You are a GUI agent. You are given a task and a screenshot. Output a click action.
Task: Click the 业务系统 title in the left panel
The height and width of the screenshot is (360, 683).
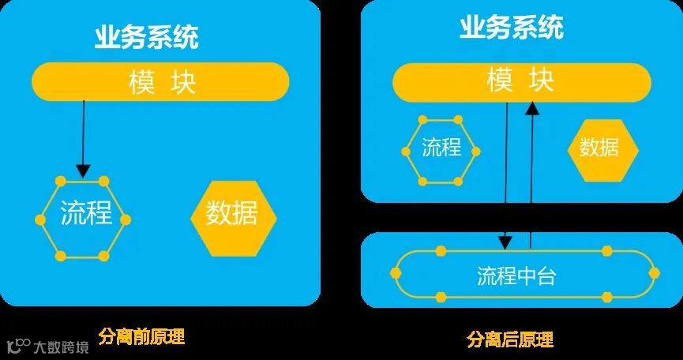coord(146,37)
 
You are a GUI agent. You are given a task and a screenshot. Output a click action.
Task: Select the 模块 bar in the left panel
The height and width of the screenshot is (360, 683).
coord(160,82)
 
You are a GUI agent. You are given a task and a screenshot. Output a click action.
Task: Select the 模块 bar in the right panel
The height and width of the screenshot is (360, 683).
coord(521,81)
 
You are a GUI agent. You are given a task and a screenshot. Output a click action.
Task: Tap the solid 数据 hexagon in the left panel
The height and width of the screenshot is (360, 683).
coord(233,214)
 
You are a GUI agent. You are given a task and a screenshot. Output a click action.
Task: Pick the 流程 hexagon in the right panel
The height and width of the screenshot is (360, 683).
coord(441,148)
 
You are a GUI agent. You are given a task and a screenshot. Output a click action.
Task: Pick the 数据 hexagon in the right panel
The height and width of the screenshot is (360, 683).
coord(602,148)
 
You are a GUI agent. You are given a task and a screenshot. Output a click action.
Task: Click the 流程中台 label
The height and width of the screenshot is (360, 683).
coord(517,276)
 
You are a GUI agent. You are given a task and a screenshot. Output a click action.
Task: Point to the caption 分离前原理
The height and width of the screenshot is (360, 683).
coord(142,336)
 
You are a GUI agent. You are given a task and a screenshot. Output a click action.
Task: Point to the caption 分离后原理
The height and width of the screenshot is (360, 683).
coord(510,339)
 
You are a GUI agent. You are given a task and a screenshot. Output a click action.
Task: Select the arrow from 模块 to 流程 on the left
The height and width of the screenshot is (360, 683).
coord(83,138)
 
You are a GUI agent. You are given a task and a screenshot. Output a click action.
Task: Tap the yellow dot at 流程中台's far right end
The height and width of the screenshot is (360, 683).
coord(654,272)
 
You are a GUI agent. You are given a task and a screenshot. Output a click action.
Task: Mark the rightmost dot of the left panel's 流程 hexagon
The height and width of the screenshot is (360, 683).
coord(126,219)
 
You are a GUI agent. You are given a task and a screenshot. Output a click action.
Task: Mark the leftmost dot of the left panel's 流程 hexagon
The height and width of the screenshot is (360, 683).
coord(39,219)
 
